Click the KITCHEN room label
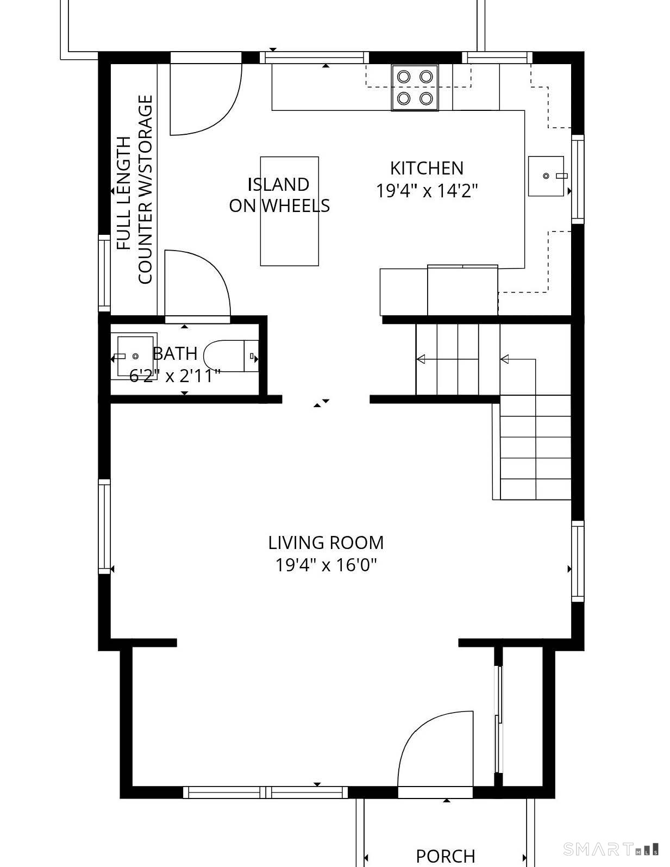427,168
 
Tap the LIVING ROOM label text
325,542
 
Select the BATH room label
175,354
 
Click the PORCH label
445,856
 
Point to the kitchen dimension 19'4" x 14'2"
427,191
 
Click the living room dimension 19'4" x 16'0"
325,565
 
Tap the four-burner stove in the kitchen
415,88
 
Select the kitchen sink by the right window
546,176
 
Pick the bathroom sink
134,356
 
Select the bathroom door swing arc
198,283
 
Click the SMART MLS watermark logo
611,849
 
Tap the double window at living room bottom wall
265,792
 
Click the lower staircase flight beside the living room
535,447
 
